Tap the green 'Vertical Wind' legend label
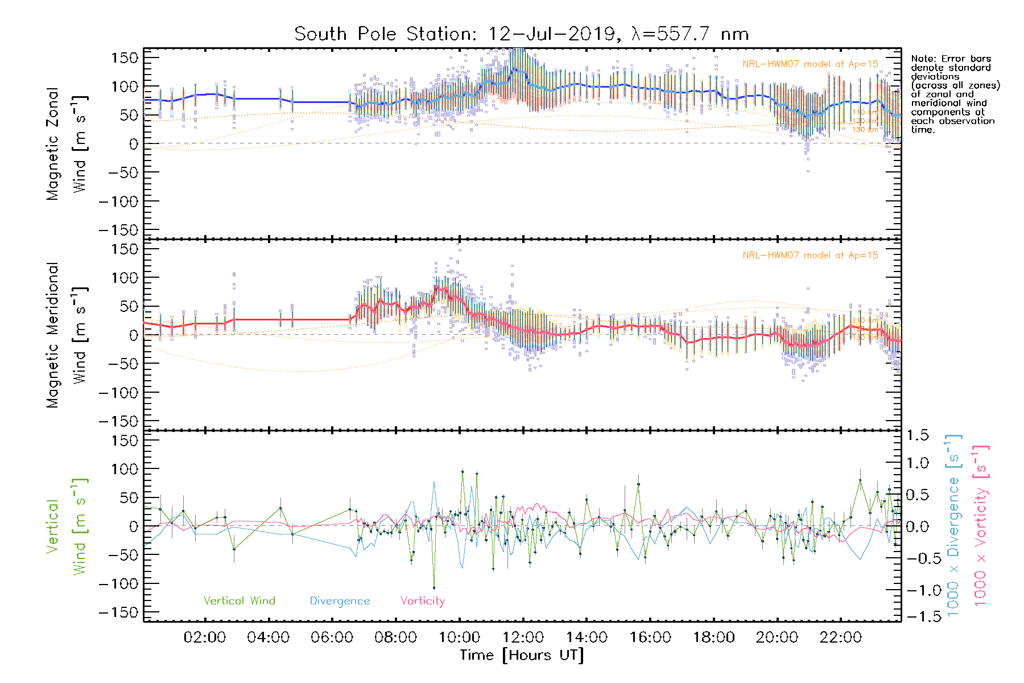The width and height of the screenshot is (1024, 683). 239,600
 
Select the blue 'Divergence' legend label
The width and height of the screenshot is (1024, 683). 340,600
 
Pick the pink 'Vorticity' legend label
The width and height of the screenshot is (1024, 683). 422,600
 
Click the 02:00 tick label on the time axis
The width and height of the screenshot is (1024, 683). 204,637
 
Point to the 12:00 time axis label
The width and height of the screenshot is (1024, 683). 523,637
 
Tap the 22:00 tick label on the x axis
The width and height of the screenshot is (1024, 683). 840,637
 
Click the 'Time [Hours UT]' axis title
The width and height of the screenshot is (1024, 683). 522,655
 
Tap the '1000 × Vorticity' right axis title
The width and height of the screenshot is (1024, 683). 980,525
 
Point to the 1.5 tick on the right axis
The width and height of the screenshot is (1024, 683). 917,435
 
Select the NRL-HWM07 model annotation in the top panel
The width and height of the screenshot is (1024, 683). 810,64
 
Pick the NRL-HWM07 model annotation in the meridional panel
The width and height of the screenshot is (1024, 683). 810,255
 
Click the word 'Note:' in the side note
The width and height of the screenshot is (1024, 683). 923,59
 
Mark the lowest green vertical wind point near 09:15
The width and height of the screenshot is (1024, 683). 433,587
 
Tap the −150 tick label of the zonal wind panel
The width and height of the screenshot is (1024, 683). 118,230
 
